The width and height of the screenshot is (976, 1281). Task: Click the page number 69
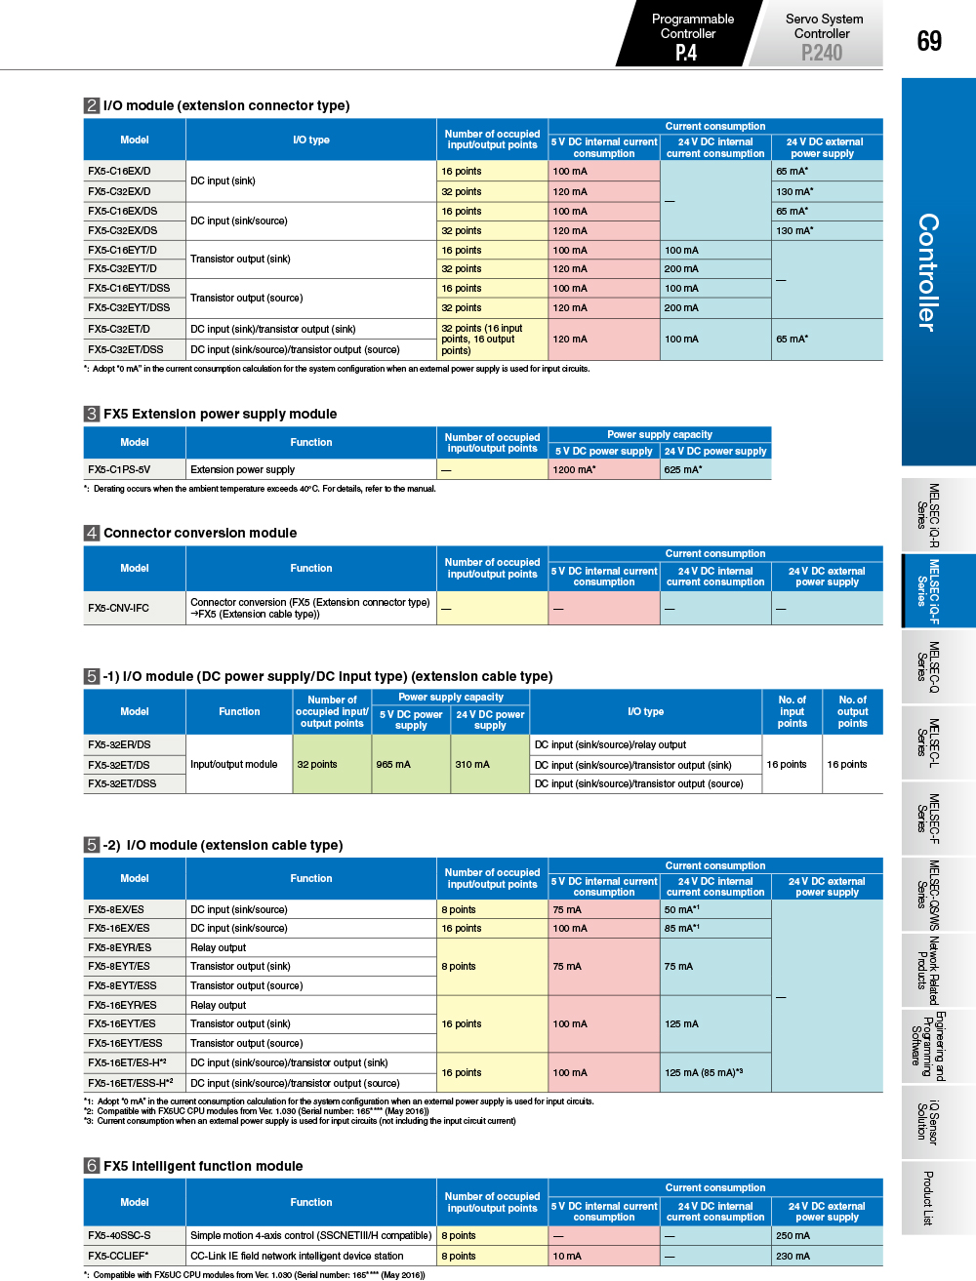coord(929,40)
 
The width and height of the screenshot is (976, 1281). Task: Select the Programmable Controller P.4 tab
coord(690,35)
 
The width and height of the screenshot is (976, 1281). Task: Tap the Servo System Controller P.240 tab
coord(822,35)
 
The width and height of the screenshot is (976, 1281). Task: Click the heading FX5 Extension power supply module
coord(220,414)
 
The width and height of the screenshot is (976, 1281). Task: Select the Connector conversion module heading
coord(200,533)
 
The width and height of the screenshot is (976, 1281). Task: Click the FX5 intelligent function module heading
coord(203,1166)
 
